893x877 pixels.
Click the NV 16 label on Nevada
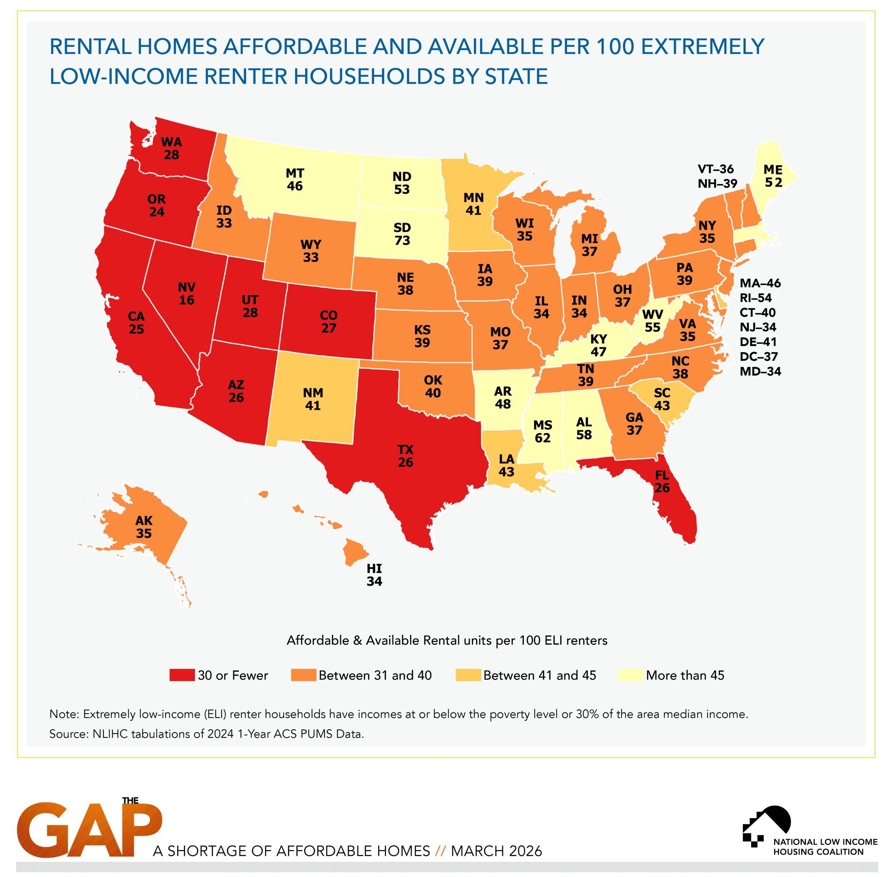(187, 294)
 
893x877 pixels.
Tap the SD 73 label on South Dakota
(402, 234)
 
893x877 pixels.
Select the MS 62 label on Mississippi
(542, 431)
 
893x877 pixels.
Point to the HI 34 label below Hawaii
(374, 575)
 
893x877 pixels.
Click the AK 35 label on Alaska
(144, 527)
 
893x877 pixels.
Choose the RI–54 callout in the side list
(756, 298)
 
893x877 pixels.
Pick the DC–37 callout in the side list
(758, 356)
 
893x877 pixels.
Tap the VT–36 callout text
(715, 169)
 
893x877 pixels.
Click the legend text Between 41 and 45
(539, 675)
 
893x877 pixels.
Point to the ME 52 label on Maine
(773, 176)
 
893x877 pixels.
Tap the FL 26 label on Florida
(662, 481)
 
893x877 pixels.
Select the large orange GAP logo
(89, 829)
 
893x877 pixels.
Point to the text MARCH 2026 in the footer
(496, 851)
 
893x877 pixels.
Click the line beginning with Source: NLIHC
(206, 734)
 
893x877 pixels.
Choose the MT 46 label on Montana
(295, 180)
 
